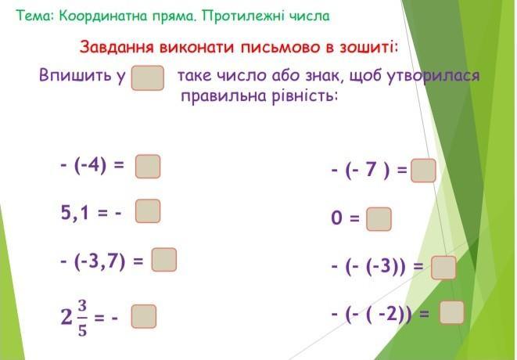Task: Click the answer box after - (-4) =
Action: tap(148, 167)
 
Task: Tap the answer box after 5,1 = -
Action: tap(148, 211)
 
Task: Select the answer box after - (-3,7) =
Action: tap(164, 260)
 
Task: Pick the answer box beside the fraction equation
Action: tap(144, 316)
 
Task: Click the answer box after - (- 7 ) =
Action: tap(423, 171)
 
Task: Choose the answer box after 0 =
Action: tap(379, 219)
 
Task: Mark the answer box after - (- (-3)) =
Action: tap(443, 268)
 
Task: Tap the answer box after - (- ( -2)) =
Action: tap(452, 312)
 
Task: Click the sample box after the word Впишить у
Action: tap(148, 78)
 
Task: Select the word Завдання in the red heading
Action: tap(117, 47)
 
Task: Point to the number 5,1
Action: tap(75, 212)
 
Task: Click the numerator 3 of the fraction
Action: tap(82, 306)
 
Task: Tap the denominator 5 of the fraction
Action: tap(82, 330)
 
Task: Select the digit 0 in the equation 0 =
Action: tap(336, 218)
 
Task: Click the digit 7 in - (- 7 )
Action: tap(372, 169)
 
